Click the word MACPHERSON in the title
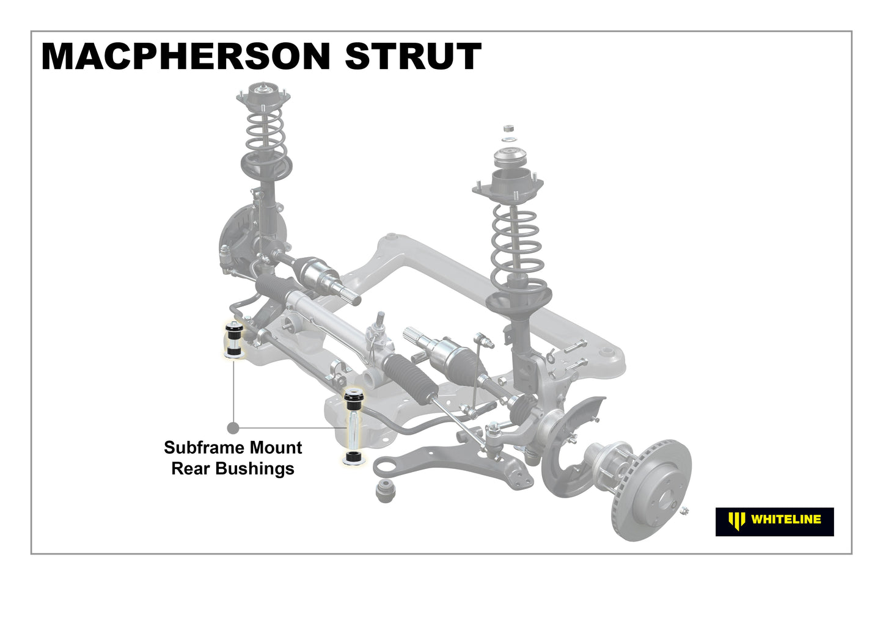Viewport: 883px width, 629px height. [x=185, y=56]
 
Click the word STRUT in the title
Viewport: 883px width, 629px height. [x=413, y=56]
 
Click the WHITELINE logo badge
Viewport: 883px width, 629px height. [x=775, y=522]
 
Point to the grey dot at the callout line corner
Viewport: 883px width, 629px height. [x=233, y=428]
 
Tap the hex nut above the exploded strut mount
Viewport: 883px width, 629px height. [x=509, y=128]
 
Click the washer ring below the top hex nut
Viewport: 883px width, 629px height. [x=509, y=139]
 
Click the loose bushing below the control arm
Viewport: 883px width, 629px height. [x=385, y=490]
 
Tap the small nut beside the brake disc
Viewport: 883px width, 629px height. [x=684, y=511]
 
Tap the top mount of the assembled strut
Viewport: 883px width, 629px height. [x=263, y=97]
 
